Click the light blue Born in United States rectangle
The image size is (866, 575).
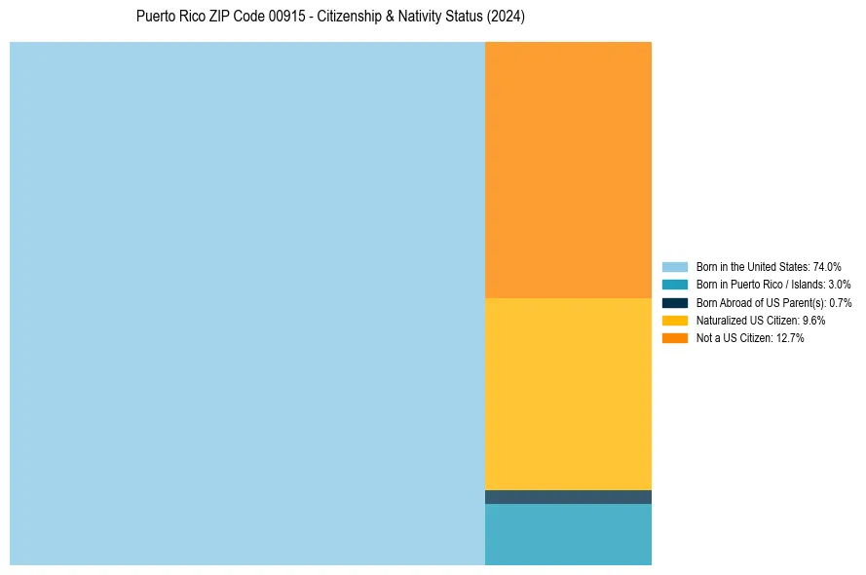click(x=247, y=303)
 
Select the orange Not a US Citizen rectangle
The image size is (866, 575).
click(x=568, y=170)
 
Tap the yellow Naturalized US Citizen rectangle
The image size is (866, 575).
click(x=568, y=394)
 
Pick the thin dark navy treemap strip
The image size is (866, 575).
click(x=568, y=497)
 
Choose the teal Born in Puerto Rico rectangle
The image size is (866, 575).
click(x=568, y=534)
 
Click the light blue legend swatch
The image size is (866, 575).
click(x=675, y=266)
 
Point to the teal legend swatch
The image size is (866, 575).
click(x=675, y=285)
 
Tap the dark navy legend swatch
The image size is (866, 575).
click(x=675, y=303)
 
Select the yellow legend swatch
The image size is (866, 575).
click(x=675, y=321)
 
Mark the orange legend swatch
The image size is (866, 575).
click(x=675, y=338)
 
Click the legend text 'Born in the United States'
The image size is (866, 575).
click(x=752, y=266)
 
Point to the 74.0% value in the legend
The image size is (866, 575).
click(x=827, y=266)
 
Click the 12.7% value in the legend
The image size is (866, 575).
click(x=790, y=338)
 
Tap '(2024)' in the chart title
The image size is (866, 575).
click(x=506, y=17)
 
